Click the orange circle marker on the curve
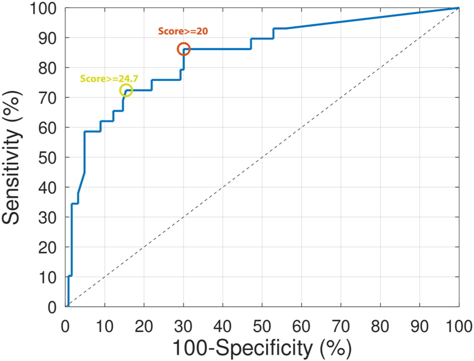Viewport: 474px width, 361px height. pos(183,49)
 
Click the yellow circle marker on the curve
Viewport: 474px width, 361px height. pos(126,90)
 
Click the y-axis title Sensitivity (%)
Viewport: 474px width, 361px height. pos(15,157)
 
